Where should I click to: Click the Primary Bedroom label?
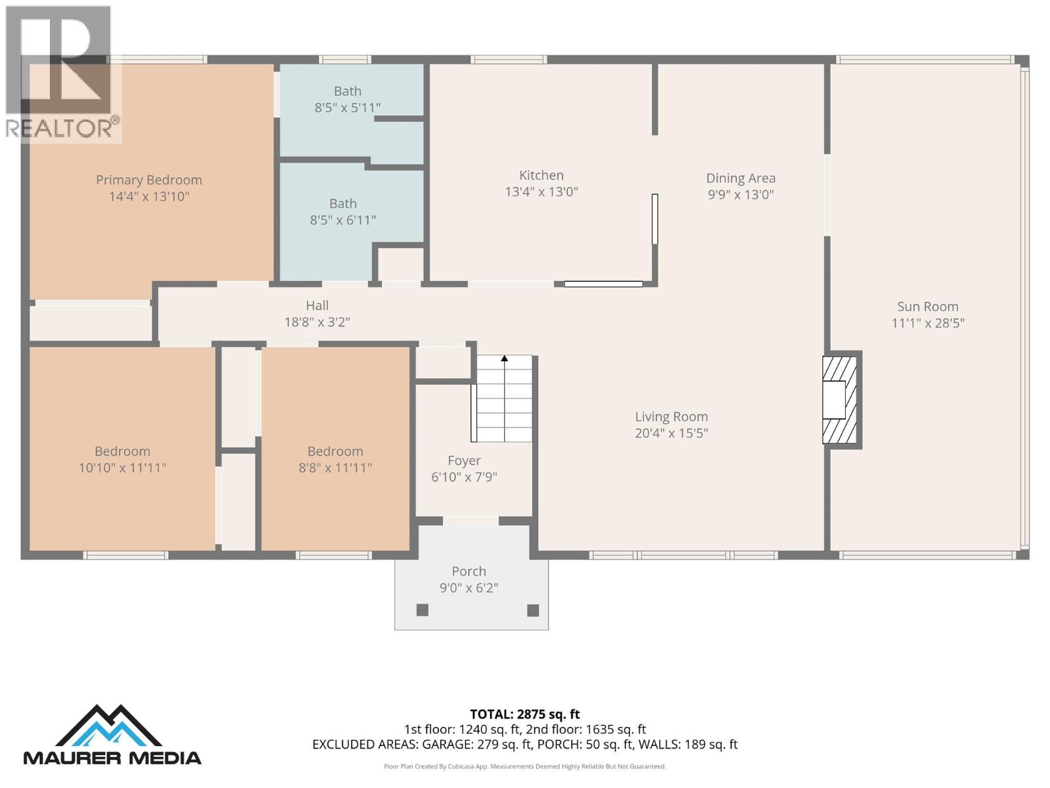pos(149,180)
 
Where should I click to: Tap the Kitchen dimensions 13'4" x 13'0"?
pos(541,192)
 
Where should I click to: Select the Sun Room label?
pos(927,307)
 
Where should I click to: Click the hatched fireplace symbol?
pos(840,399)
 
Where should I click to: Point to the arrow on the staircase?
pos(505,359)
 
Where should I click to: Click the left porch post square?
pos(423,610)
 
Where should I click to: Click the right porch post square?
pos(533,610)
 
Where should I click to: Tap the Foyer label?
pos(464,461)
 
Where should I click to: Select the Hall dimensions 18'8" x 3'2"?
pos(317,322)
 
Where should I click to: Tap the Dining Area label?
pos(740,178)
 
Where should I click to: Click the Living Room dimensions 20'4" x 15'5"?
pos(671,433)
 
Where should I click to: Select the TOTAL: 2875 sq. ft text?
pos(524,714)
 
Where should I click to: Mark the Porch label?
pos(469,571)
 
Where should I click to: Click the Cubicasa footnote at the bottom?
pos(524,766)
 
